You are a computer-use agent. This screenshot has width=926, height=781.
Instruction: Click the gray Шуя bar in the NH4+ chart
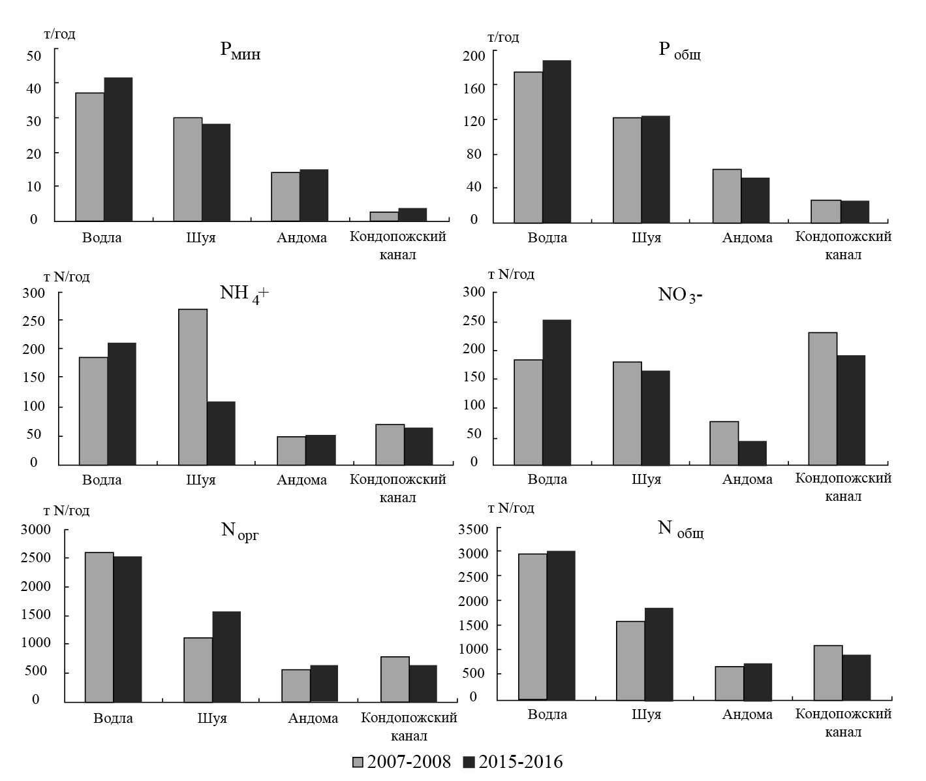[193, 387]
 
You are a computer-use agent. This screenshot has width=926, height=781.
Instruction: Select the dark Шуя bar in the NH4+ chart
[221, 433]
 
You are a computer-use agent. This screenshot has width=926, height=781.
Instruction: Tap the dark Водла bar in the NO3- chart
[557, 392]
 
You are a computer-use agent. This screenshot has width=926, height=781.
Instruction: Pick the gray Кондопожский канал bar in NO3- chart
[822, 398]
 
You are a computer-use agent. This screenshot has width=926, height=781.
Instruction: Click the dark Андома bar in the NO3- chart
[752, 453]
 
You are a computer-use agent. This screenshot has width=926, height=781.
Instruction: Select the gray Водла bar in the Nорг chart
[99, 627]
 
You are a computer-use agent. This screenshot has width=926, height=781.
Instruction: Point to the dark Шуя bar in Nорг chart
[226, 656]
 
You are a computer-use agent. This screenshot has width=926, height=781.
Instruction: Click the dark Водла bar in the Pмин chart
[118, 149]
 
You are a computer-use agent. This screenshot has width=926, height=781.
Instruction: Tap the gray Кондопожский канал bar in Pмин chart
[384, 216]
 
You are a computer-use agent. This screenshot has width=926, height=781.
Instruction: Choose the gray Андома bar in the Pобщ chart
[727, 195]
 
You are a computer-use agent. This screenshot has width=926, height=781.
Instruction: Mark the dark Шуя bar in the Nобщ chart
[658, 654]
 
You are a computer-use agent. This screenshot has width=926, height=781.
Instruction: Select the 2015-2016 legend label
[521, 762]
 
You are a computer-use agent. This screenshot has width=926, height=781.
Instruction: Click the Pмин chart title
[239, 52]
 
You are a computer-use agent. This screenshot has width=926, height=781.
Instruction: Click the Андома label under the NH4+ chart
[301, 480]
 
